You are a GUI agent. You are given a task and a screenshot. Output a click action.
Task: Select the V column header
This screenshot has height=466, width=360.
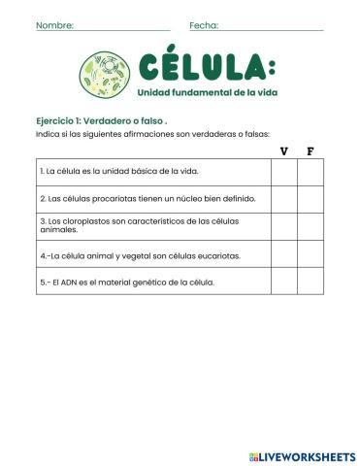283,150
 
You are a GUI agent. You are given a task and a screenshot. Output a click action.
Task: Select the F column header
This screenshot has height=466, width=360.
310,150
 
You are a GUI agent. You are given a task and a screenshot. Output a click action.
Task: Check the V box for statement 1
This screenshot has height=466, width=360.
283,172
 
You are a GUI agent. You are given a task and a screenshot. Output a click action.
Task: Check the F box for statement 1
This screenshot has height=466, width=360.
310,172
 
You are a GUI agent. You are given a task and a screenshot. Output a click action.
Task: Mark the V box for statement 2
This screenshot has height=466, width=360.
283,199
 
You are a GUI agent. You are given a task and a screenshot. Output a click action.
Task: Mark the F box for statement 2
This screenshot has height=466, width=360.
310,199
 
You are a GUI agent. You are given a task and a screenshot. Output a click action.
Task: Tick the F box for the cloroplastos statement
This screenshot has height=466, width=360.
310,226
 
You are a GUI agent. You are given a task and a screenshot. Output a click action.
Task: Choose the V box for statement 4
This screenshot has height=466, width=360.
283,255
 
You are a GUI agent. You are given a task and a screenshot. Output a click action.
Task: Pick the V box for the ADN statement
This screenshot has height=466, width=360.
283,283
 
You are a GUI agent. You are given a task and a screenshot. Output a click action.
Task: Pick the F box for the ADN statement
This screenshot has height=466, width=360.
310,283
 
